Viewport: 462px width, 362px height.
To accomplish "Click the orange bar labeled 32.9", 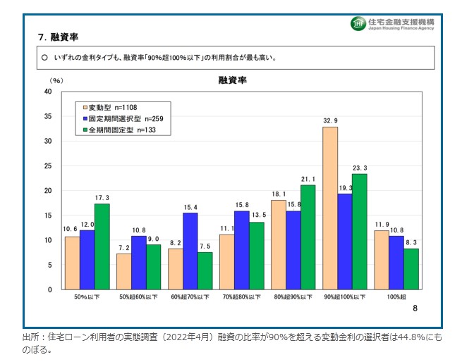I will (330, 208).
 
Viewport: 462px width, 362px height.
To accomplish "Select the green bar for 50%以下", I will (102, 246).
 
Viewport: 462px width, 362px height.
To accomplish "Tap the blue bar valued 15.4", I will (190, 251).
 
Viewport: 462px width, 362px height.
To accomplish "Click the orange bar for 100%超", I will (382, 260).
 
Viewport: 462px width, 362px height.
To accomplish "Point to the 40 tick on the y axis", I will (48, 92).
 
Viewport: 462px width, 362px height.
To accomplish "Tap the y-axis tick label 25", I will (48, 166).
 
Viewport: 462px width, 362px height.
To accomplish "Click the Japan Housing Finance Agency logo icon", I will (358, 24).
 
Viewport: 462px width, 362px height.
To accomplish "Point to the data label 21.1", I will (308, 179).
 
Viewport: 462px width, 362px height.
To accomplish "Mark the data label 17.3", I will (102, 198).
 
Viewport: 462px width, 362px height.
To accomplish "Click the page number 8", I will (415, 308).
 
